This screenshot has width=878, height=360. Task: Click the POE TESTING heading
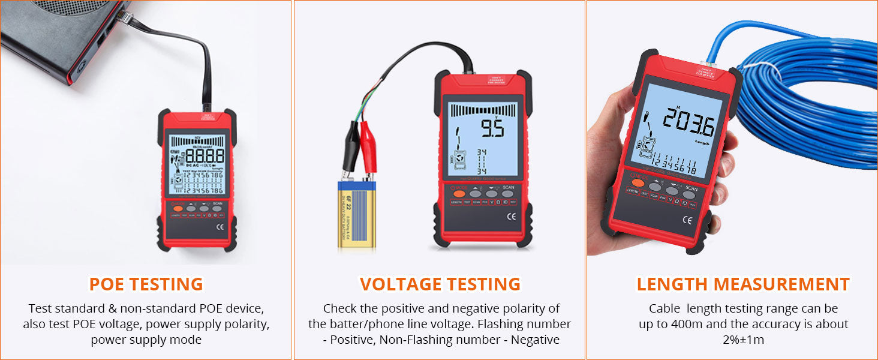pyautogui.click(x=146, y=284)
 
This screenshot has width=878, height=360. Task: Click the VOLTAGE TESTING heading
pyautogui.click(x=440, y=284)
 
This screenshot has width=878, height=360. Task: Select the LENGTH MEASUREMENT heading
pyautogui.click(x=743, y=284)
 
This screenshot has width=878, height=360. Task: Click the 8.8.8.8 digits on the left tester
pyautogui.click(x=206, y=157)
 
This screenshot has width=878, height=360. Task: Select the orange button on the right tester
pyautogui.click(x=638, y=182)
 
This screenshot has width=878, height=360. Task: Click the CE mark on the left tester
pyautogui.click(x=220, y=227)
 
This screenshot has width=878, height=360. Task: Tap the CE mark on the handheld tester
pyautogui.click(x=687, y=220)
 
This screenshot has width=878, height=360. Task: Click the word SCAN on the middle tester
pyautogui.click(x=508, y=187)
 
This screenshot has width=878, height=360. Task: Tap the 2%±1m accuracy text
pyautogui.click(x=743, y=340)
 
